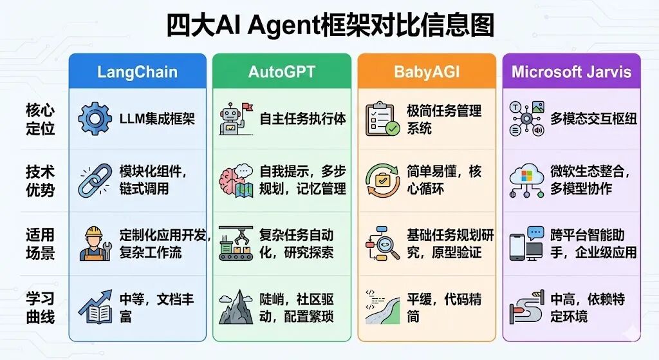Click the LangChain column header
click(137, 71)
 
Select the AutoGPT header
click(282, 71)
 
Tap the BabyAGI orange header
click(427, 71)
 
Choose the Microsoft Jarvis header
click(571, 71)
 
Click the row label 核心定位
click(41, 118)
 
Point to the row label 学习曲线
click(41, 308)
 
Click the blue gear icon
click(95, 118)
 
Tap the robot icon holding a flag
click(236, 118)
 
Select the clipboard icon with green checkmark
click(382, 118)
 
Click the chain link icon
click(95, 181)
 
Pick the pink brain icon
click(236, 181)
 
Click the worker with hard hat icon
click(95, 243)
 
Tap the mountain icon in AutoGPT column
click(236, 308)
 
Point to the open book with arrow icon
click(95, 307)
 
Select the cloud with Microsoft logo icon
click(526, 181)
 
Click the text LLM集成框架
click(157, 118)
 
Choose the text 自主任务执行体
click(302, 118)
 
